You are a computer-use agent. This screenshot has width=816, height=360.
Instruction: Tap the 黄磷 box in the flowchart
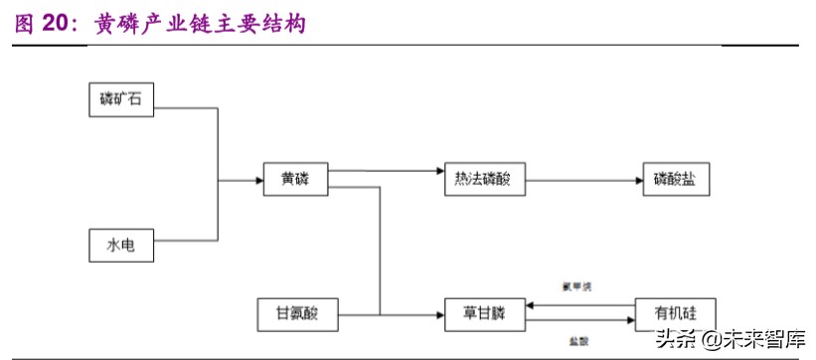tap(295, 180)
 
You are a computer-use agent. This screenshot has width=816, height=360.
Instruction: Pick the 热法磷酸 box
tap(482, 180)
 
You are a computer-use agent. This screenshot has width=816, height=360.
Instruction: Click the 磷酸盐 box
tap(675, 180)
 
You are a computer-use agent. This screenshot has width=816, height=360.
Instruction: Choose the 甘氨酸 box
tap(297, 313)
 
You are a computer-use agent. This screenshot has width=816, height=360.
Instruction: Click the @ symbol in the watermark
tap(711, 341)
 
